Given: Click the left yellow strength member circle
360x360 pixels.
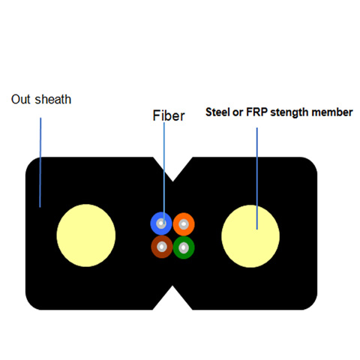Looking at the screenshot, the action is (x=86, y=235).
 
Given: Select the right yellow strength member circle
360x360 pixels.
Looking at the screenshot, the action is (x=250, y=236).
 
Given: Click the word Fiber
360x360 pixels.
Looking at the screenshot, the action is (x=169, y=115).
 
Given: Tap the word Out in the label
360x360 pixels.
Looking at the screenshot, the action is (x=21, y=99).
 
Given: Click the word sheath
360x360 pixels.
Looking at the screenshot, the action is (x=53, y=99).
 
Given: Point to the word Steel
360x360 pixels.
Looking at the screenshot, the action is (x=217, y=112).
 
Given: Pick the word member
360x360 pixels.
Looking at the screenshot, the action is (x=332, y=112).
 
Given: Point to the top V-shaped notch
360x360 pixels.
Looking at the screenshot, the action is (x=172, y=169).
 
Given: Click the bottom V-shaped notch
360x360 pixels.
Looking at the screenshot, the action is (x=172, y=298).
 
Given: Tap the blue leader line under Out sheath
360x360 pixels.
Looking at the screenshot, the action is (x=40, y=163).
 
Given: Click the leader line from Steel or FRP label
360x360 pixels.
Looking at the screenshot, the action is (x=257, y=178).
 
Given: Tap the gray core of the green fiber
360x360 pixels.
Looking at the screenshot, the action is (x=184, y=247).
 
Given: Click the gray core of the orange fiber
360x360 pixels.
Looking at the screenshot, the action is (x=184, y=224).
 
